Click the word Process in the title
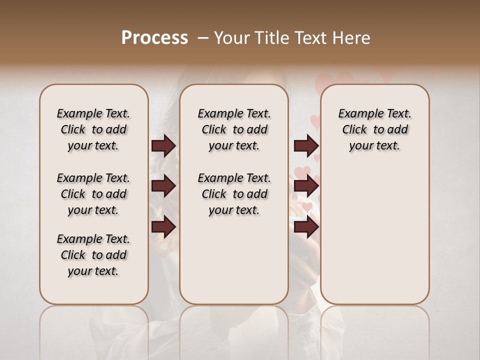(x=154, y=37)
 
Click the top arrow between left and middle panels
(x=163, y=146)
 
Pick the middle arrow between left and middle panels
(x=163, y=186)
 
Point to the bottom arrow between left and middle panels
(x=163, y=227)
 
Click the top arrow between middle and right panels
(x=306, y=146)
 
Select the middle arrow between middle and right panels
(x=306, y=186)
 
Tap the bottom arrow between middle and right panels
(x=306, y=227)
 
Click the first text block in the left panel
(x=93, y=129)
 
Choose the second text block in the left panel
(x=93, y=194)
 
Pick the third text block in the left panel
(x=93, y=255)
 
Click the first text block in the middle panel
(x=234, y=129)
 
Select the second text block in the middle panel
(x=234, y=194)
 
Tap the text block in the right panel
(x=375, y=129)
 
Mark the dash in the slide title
(x=202, y=37)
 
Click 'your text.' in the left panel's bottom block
(x=93, y=271)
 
